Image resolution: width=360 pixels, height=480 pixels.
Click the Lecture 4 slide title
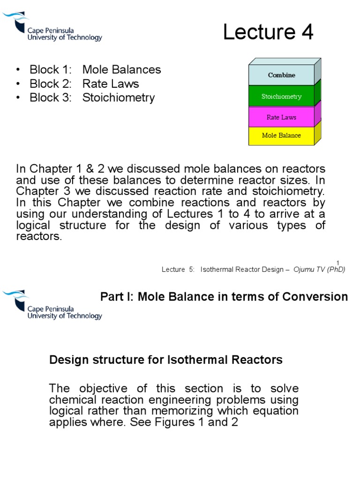[x=268, y=33]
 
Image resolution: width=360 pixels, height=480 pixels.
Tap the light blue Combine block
[x=281, y=75]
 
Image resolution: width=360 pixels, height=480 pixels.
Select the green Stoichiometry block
[x=281, y=97]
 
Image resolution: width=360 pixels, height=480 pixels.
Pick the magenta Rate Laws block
[x=281, y=117]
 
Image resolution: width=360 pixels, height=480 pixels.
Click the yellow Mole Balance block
[x=281, y=135]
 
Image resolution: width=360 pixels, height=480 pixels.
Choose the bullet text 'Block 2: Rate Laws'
[x=84, y=84]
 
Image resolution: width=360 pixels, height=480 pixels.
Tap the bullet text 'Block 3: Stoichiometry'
[x=92, y=98]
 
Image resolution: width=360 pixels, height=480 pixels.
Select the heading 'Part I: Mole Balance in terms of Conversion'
[x=225, y=297]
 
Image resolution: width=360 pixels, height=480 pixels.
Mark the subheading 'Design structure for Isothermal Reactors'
[x=166, y=360]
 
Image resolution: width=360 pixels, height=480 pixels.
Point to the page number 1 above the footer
[x=337, y=262]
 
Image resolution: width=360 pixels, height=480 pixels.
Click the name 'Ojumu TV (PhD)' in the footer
[x=319, y=270]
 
